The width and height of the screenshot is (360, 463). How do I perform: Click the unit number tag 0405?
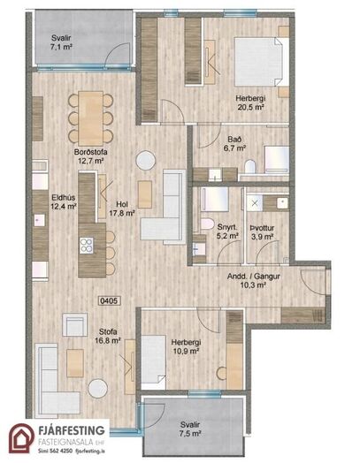tap(110, 301)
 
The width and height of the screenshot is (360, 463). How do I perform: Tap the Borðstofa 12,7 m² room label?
tap(90, 156)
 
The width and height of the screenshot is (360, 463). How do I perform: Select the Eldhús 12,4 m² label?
tap(64, 201)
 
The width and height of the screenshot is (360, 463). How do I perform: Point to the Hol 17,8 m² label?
tap(122, 209)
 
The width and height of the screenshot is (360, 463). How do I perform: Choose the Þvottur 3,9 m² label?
tap(262, 232)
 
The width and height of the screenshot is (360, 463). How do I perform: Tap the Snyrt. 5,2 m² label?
tap(227, 231)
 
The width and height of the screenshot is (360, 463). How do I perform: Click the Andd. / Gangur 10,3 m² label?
tap(253, 280)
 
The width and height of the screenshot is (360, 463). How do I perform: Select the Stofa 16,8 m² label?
tap(108, 336)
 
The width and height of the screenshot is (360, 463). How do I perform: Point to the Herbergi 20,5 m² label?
tap(250, 102)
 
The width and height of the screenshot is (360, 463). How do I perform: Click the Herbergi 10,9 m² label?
tap(187, 346)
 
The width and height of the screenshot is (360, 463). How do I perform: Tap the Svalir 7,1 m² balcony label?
tap(62, 42)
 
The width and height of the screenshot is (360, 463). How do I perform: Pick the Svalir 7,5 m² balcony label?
tap(191, 429)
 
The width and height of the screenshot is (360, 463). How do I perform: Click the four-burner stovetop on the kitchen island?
tap(87, 246)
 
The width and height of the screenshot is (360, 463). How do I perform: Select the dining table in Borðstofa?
tap(90, 118)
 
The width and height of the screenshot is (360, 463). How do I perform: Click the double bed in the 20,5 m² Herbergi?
tap(261, 62)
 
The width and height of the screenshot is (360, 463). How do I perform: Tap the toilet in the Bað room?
tap(250, 166)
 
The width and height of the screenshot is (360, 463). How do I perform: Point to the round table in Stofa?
tap(97, 388)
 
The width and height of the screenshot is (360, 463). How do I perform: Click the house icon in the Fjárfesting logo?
tap(21, 438)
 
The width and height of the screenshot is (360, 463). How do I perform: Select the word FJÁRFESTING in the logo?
tap(72, 430)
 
